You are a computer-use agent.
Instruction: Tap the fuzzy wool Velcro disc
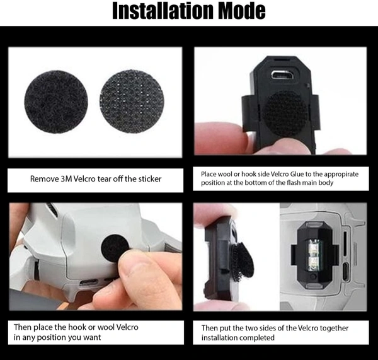(56, 102)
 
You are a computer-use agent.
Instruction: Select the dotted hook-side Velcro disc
(132, 102)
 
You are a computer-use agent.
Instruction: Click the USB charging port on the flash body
(282, 75)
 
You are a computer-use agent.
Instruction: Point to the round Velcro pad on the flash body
(285, 114)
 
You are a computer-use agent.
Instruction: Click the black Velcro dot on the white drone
(114, 248)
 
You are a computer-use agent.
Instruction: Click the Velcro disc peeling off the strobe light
(242, 262)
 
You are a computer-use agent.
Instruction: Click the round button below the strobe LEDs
(312, 276)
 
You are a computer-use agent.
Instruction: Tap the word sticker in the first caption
(150, 179)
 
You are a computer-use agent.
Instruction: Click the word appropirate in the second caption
(341, 175)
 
